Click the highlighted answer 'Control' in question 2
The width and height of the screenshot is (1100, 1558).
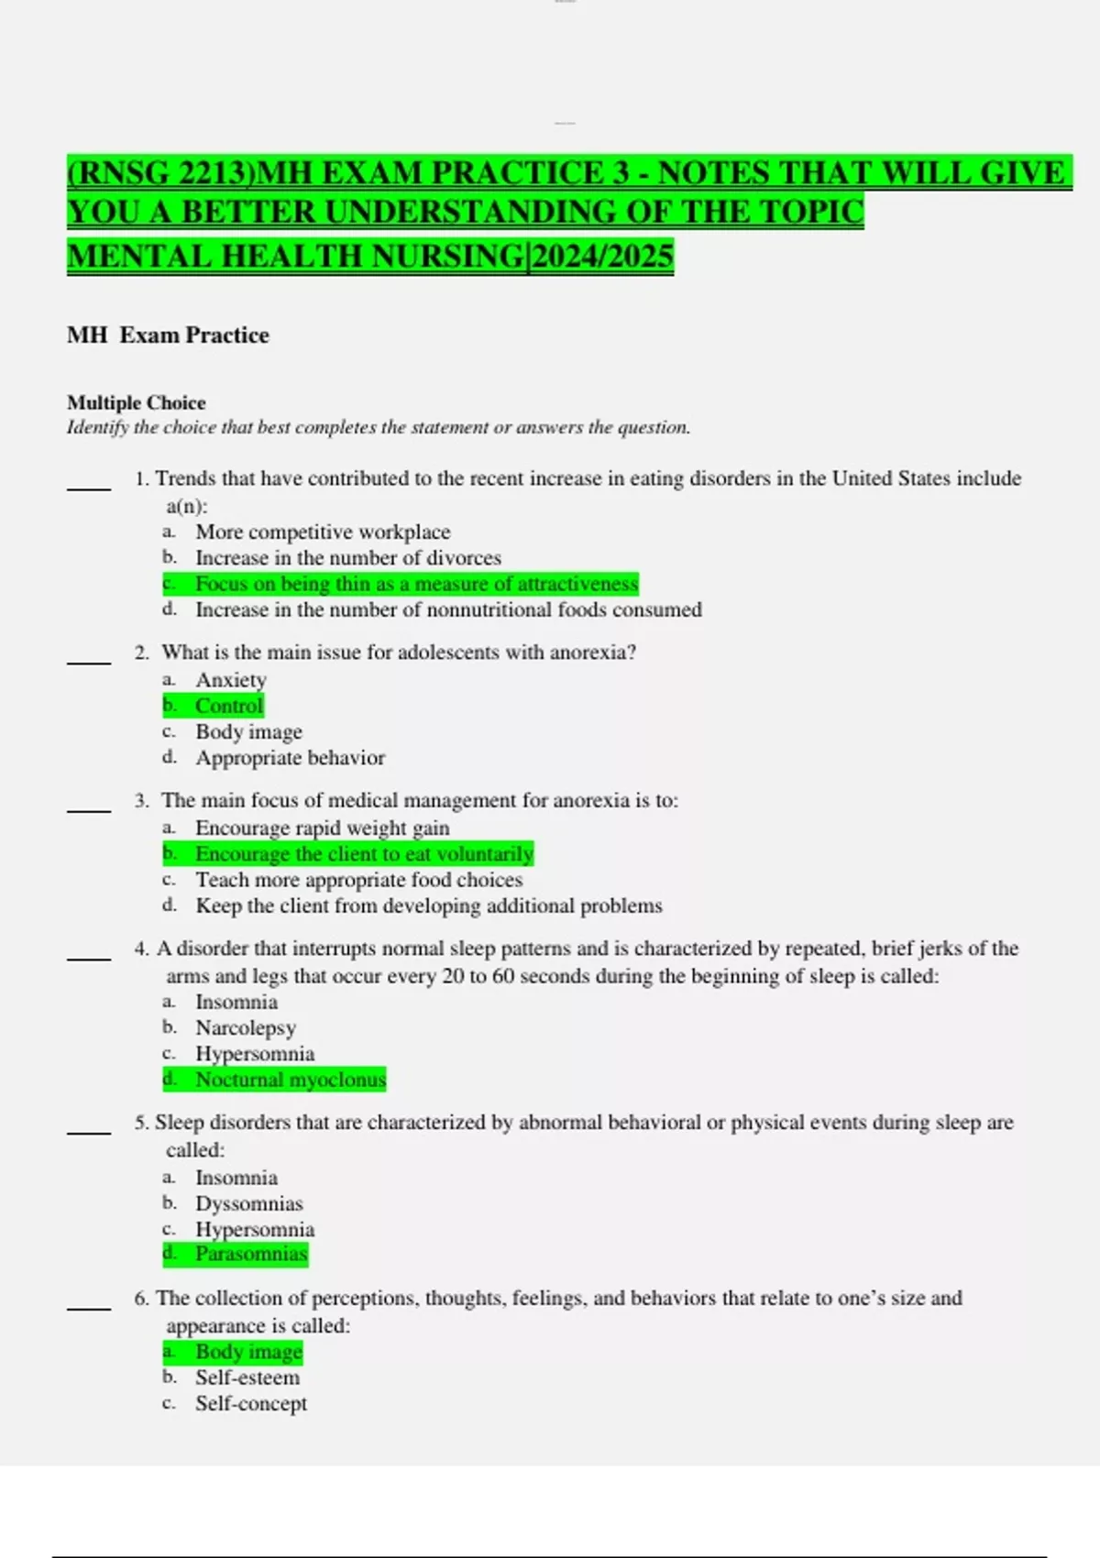(228, 706)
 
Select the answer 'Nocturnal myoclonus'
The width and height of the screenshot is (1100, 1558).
(290, 1080)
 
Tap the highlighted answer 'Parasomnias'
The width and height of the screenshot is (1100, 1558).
(251, 1254)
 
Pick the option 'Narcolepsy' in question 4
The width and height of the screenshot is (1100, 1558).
(245, 1027)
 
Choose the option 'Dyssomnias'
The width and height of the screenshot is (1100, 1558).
(248, 1203)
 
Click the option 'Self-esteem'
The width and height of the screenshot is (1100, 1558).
(247, 1377)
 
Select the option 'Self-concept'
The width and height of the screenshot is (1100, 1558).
(250, 1403)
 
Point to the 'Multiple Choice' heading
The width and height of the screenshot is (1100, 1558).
(137, 402)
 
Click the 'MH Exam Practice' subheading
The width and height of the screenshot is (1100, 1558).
(168, 335)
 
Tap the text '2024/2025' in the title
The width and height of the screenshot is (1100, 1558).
(602, 256)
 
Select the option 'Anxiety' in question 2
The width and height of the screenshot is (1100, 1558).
(230, 680)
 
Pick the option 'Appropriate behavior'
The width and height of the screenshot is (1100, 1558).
(290, 758)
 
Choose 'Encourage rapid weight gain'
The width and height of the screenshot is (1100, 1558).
(322, 828)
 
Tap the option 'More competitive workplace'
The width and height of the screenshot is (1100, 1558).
(323, 532)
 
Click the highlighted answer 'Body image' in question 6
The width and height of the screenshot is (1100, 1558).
(248, 1352)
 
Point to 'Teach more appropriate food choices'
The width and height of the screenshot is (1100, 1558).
(358, 880)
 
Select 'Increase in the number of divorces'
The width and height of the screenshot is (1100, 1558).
(347, 557)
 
